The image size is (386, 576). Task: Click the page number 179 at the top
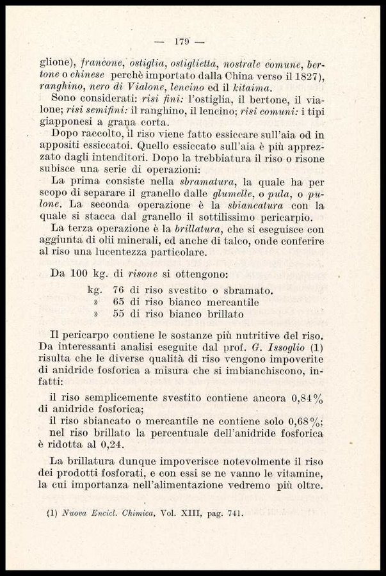point(180,42)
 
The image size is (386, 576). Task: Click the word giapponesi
point(68,123)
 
